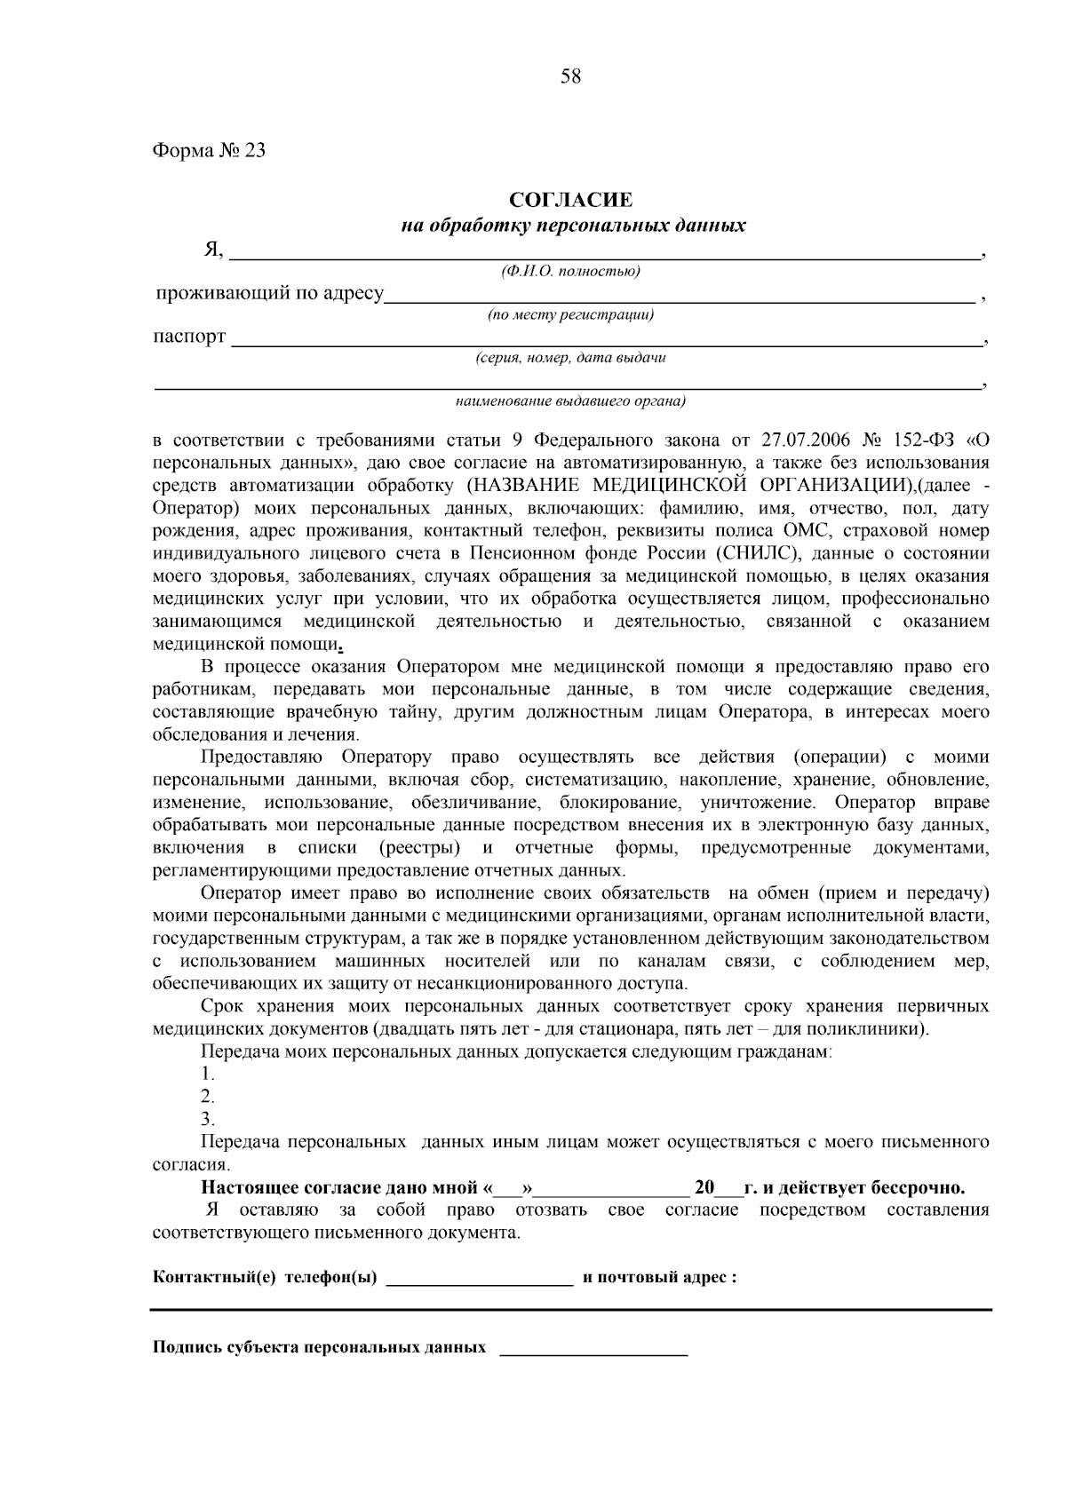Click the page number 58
click(x=570, y=77)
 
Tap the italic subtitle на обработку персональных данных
click(x=573, y=226)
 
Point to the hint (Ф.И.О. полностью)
click(x=570, y=272)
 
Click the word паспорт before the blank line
click(x=189, y=337)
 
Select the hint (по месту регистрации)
click(x=571, y=315)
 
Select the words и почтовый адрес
click(x=659, y=1279)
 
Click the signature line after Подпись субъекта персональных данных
click(x=594, y=1352)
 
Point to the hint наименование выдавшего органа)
click(x=571, y=401)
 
